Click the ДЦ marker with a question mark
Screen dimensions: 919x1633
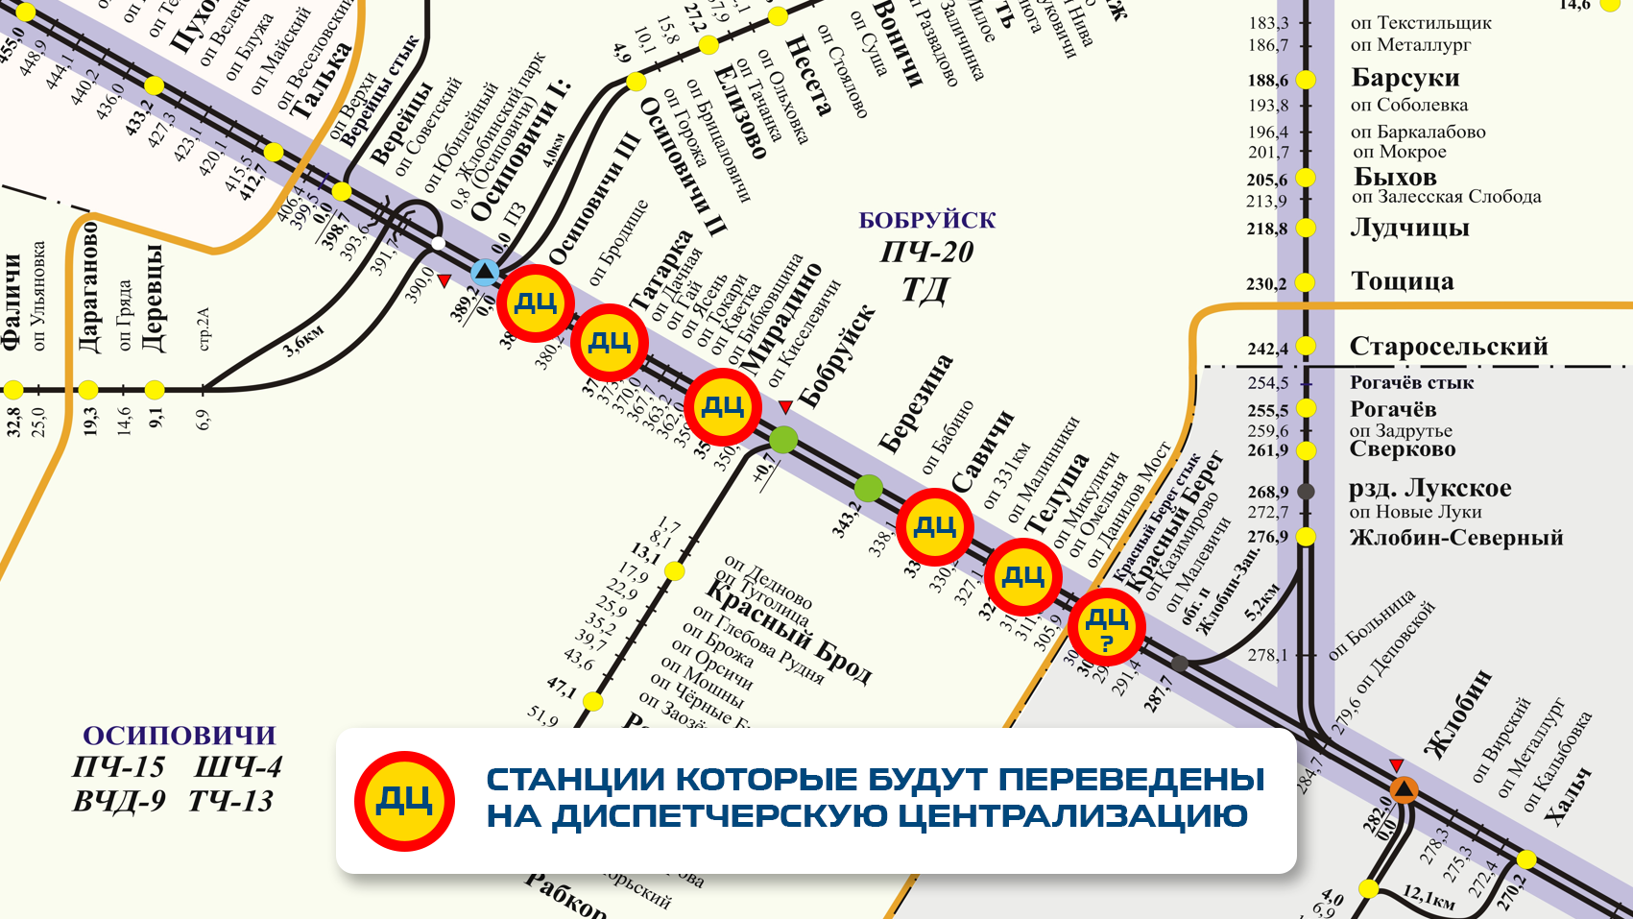click(1106, 627)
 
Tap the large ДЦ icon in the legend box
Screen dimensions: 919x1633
click(404, 801)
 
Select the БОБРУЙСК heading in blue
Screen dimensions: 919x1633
click(926, 221)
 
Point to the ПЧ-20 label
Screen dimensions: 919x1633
click(926, 253)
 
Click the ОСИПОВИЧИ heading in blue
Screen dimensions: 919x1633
click(180, 736)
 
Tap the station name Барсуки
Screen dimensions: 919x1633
click(1405, 78)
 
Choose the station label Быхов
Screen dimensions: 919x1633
click(1394, 178)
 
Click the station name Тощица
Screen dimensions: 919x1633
click(1402, 281)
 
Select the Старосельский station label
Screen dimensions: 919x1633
click(1448, 347)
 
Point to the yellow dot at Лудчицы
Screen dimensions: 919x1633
click(1306, 229)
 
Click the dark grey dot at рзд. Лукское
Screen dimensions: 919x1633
click(1306, 492)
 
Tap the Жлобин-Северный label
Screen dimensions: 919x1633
click(1456, 538)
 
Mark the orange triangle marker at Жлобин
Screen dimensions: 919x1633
click(1404, 790)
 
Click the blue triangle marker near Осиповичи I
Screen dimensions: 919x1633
click(485, 273)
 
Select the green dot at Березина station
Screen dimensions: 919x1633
click(868, 488)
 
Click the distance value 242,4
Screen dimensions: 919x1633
click(1267, 349)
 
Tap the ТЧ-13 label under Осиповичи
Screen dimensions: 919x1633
click(231, 801)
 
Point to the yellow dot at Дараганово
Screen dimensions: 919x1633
click(88, 390)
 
